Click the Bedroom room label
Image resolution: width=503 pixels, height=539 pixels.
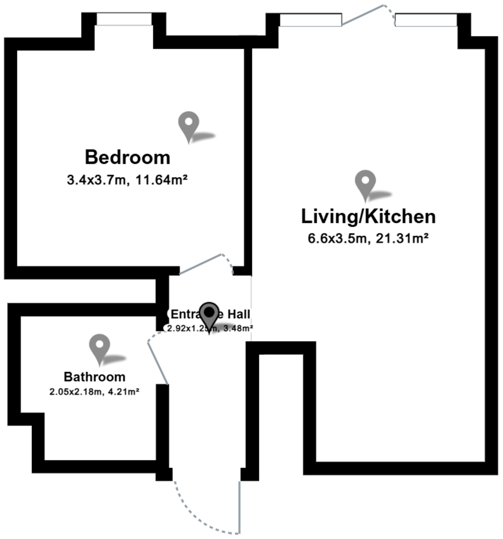(x=127, y=158)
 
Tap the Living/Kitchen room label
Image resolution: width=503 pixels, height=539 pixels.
(x=368, y=216)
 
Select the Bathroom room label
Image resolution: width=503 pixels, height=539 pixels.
(x=94, y=376)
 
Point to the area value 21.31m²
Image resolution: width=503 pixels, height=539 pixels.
(x=399, y=239)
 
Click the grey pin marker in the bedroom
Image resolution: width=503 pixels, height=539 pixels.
(x=188, y=125)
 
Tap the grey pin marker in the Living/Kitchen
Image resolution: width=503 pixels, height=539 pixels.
(x=365, y=183)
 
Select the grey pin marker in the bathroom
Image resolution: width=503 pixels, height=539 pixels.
(x=100, y=347)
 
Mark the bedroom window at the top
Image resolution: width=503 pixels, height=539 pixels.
(x=124, y=19)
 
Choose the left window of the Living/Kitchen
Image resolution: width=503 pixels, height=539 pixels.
(x=311, y=20)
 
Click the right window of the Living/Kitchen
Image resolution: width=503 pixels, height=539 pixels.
(x=426, y=20)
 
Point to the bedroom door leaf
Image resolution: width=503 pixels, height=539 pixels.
(x=200, y=264)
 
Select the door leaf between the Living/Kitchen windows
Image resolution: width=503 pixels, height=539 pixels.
(x=363, y=15)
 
